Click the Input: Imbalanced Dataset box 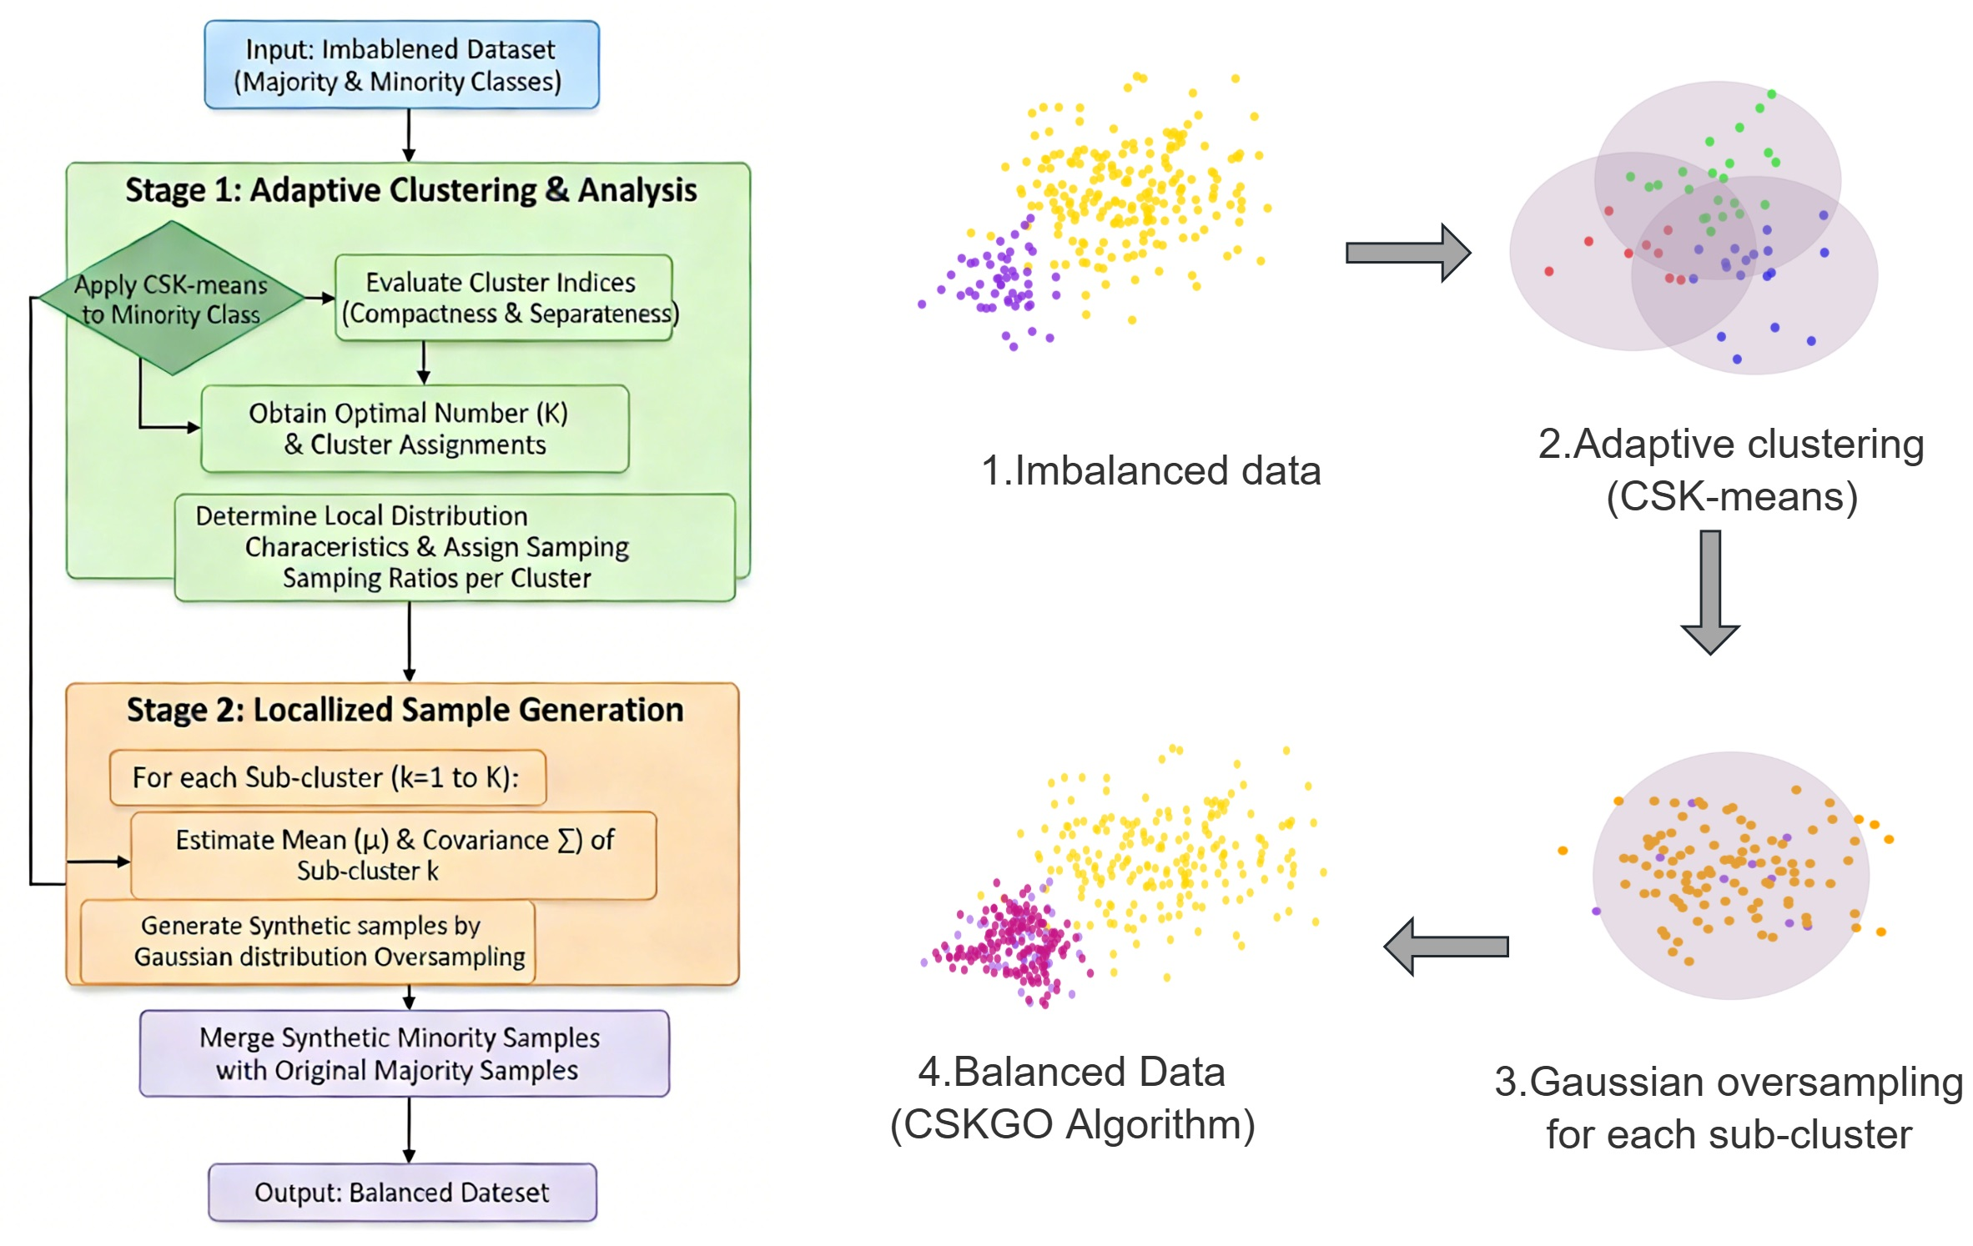(401, 65)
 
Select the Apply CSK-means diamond (171, 299)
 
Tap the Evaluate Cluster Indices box (504, 298)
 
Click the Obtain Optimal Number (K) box (415, 429)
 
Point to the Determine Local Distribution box (455, 547)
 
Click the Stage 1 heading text (410, 190)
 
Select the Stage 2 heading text (405, 710)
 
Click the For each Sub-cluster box (327, 777)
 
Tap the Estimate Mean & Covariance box (394, 855)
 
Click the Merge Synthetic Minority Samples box (404, 1053)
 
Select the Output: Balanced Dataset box (402, 1192)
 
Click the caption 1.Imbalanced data (1150, 470)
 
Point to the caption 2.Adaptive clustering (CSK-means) (1731, 470)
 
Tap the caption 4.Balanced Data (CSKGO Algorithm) (1072, 1098)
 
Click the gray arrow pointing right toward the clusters (1407, 253)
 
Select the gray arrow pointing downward (1710, 591)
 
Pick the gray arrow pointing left (1446, 947)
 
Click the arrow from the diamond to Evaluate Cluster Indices (320, 298)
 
